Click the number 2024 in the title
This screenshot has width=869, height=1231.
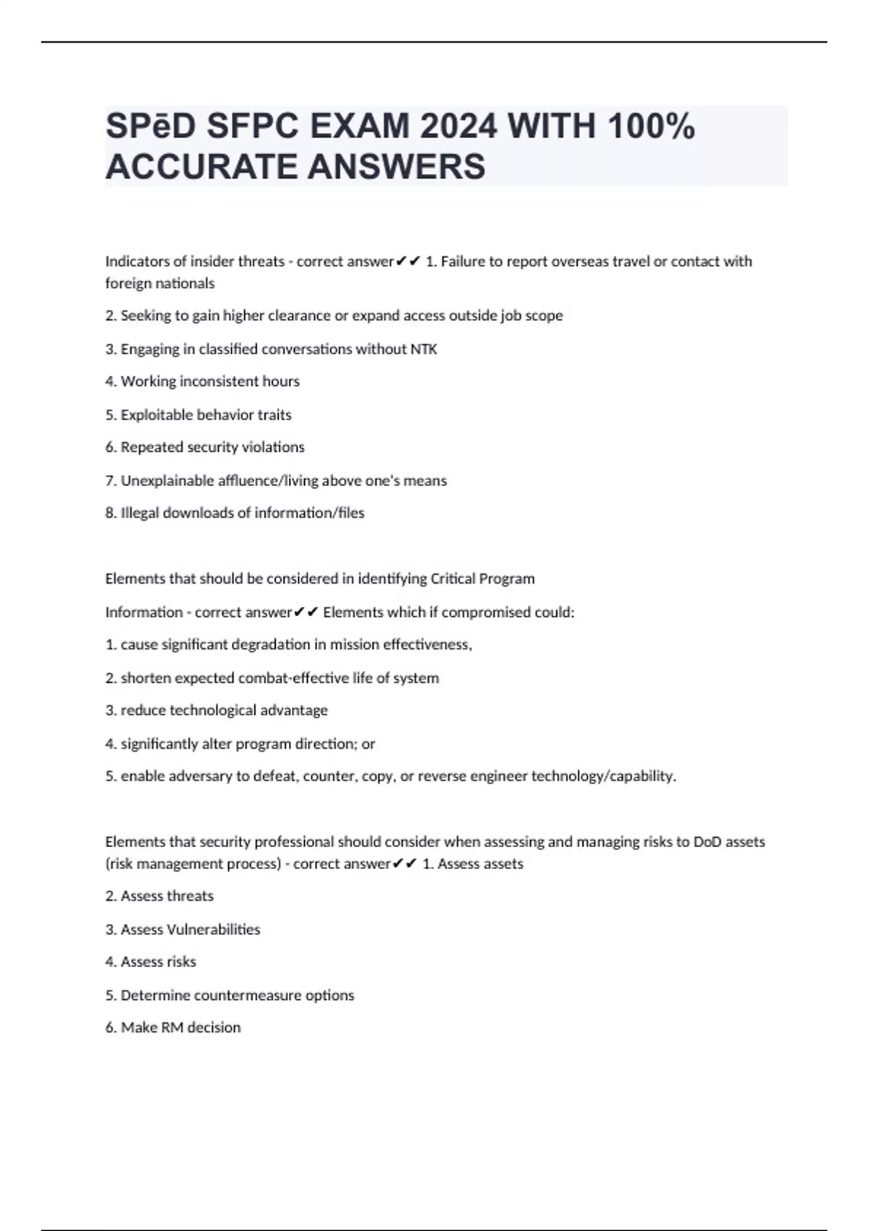coord(458,127)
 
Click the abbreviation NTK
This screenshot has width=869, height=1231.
coord(424,349)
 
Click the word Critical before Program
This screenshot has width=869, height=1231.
coord(458,579)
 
